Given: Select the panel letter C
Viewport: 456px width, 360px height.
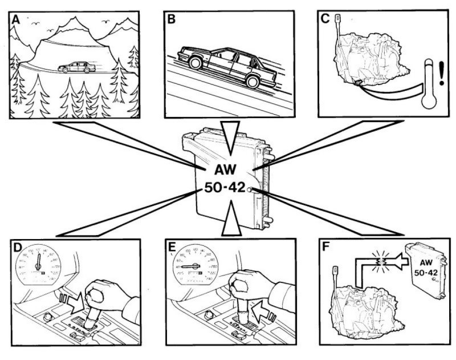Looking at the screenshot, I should (325, 19).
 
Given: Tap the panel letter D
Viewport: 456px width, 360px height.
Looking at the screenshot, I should (17, 248).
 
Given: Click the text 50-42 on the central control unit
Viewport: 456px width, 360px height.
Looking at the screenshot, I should (225, 188).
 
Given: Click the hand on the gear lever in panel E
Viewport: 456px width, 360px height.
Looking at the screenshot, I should (251, 283).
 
